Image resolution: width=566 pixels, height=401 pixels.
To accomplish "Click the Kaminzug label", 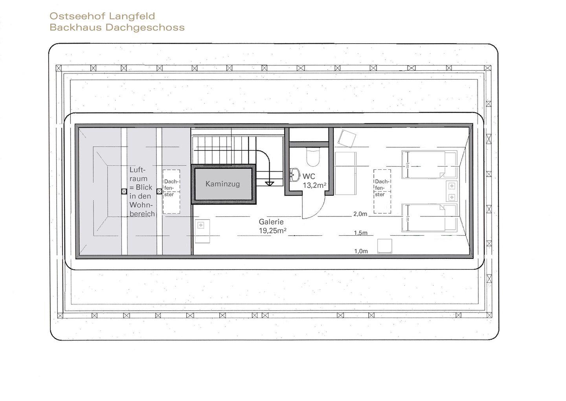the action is pyautogui.click(x=222, y=184).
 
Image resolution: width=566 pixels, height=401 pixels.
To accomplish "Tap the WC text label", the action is pyautogui.click(x=309, y=176).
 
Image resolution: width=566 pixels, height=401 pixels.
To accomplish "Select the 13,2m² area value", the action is pyautogui.click(x=314, y=185).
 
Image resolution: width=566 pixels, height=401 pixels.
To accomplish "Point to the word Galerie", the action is pyautogui.click(x=271, y=222).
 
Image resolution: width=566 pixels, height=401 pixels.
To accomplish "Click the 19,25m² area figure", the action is pyautogui.click(x=272, y=231).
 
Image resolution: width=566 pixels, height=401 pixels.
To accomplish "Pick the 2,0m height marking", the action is pyautogui.click(x=360, y=214).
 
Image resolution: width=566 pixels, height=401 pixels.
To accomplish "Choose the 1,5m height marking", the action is pyautogui.click(x=360, y=233).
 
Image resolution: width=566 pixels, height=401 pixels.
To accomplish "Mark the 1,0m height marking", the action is pyautogui.click(x=361, y=251).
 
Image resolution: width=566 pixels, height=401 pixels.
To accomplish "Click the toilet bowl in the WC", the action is pyautogui.click(x=313, y=157).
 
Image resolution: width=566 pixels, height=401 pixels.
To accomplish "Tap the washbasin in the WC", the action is pyautogui.click(x=294, y=175).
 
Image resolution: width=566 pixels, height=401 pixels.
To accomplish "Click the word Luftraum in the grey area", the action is pyautogui.click(x=138, y=174).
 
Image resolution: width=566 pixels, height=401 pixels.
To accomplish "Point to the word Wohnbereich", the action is pyautogui.click(x=142, y=209).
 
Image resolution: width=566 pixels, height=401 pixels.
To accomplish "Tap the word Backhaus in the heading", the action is pyautogui.click(x=76, y=27).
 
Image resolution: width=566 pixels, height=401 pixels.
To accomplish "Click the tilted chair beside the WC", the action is pyautogui.click(x=347, y=139).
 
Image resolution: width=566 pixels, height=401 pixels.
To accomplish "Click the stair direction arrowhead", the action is pyautogui.click(x=270, y=184).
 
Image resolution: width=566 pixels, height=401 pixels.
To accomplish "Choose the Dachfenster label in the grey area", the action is pyautogui.click(x=171, y=188).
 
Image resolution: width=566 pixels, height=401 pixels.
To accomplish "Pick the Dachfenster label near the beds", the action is pyautogui.click(x=382, y=188).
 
